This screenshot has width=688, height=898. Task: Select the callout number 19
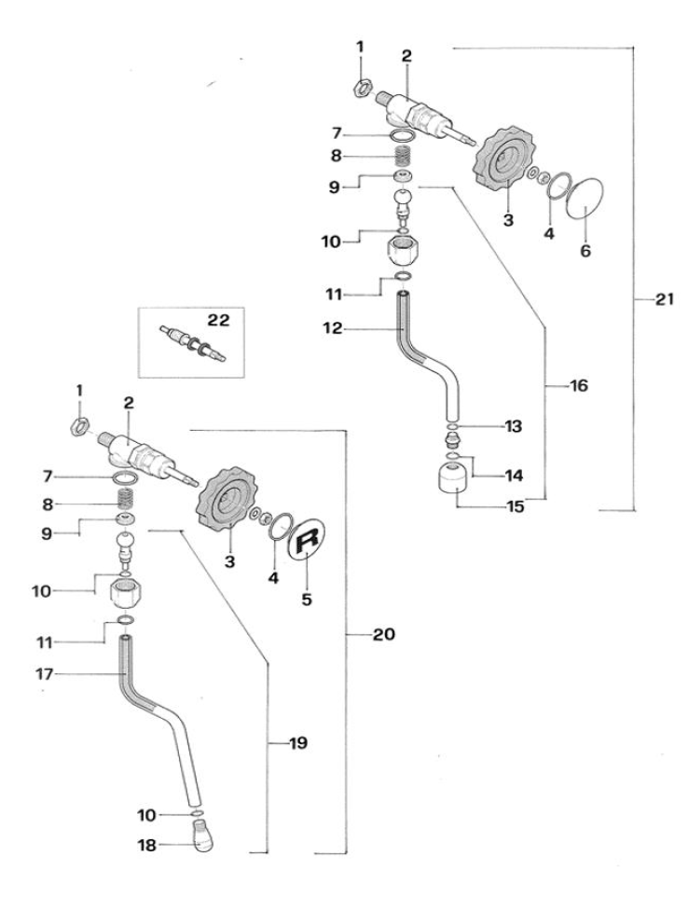click(x=297, y=743)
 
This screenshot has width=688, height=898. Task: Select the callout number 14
click(x=514, y=475)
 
